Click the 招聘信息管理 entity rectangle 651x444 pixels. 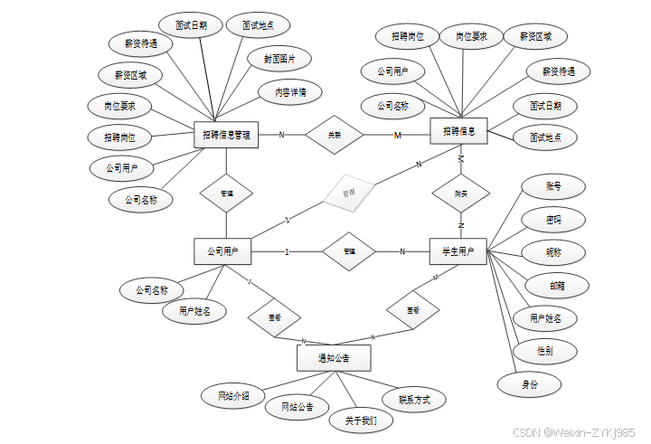pos(226,135)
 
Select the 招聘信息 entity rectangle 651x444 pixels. pos(458,131)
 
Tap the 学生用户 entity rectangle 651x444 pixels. pos(458,250)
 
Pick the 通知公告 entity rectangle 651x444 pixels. pos(334,359)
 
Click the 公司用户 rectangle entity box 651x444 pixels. pos(222,251)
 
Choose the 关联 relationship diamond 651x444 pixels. pos(334,135)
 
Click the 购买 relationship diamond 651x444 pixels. pos(461,193)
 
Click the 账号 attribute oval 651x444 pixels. pos(553,186)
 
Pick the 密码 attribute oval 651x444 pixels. pos(553,220)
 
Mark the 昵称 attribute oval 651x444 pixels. pos(553,252)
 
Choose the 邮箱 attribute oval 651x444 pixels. pos(558,285)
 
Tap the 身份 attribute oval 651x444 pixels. pos(530,383)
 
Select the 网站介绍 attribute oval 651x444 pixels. pos(232,396)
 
